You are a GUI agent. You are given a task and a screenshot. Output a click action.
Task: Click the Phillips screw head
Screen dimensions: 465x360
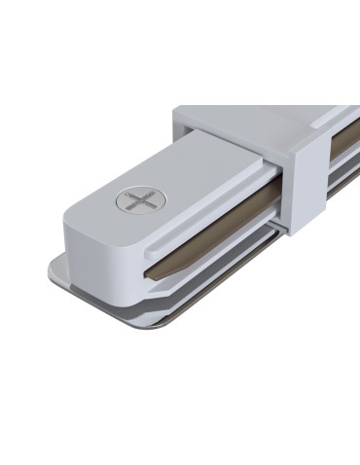coord(135,203)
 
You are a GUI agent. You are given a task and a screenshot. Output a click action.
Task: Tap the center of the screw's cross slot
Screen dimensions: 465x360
coord(135,203)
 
